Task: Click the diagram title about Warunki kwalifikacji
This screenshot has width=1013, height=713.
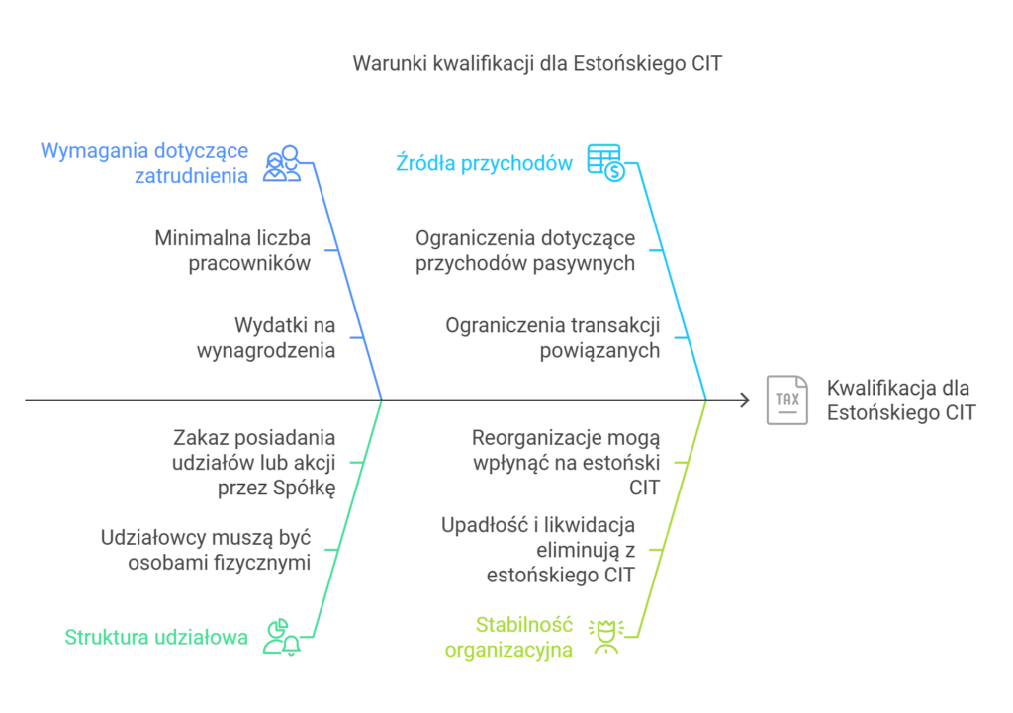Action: tap(537, 64)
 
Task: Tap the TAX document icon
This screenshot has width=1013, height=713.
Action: tap(786, 400)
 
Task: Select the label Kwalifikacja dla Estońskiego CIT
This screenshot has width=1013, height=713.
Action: tap(901, 400)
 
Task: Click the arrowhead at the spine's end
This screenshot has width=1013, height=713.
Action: tap(746, 400)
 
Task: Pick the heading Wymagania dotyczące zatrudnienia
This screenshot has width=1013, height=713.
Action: tap(144, 163)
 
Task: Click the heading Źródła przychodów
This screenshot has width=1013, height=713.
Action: tap(484, 163)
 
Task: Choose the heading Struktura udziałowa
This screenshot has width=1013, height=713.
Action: tap(156, 638)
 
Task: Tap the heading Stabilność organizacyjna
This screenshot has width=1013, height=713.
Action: tap(508, 638)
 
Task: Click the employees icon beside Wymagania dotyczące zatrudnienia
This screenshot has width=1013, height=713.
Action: tap(282, 163)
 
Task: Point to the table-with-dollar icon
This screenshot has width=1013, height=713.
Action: tap(606, 163)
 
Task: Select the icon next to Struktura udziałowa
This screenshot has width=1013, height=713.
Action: tap(282, 638)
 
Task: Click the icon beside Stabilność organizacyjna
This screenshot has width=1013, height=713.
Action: tap(606, 638)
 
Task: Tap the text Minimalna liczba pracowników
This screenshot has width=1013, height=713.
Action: tap(232, 250)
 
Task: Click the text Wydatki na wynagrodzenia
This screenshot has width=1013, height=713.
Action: tap(266, 338)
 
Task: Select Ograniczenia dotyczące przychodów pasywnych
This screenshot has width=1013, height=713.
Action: tap(525, 250)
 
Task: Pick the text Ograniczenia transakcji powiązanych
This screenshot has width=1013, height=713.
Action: tap(553, 338)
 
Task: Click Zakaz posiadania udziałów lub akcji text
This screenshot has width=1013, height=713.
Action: tap(254, 463)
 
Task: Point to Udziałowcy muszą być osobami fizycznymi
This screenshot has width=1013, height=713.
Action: tap(206, 550)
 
